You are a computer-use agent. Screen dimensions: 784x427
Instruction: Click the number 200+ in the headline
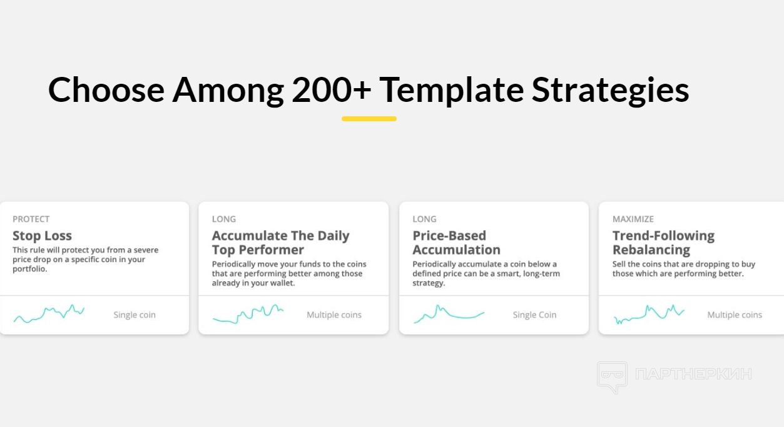tap(331, 90)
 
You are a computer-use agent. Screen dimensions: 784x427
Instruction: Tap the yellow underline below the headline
tap(369, 119)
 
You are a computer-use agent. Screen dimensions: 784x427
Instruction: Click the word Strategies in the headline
tap(610, 91)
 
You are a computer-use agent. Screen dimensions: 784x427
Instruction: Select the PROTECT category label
tap(31, 219)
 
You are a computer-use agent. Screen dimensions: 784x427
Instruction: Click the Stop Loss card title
tap(42, 236)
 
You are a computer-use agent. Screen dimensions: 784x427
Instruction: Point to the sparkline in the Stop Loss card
tap(49, 314)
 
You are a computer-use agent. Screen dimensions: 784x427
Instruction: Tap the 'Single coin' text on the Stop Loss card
tap(135, 314)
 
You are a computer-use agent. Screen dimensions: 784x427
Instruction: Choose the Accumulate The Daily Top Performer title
tap(280, 243)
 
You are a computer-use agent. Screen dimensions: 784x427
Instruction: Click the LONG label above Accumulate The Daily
tap(223, 219)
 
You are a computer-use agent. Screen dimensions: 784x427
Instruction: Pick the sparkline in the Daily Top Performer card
tap(248, 314)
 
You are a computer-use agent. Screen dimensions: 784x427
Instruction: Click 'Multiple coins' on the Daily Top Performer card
tap(334, 314)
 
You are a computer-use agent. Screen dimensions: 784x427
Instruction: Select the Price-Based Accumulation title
tap(456, 243)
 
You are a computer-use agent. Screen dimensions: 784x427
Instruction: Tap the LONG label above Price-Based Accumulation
tap(424, 219)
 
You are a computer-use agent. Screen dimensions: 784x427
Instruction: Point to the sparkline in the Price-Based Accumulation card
tap(449, 314)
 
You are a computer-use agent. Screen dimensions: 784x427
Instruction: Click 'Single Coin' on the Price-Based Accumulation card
tap(534, 314)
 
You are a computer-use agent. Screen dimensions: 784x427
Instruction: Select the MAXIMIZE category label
tap(633, 219)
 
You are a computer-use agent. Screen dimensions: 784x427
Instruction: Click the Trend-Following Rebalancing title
tap(663, 243)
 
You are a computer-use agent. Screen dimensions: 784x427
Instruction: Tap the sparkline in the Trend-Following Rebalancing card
tap(649, 314)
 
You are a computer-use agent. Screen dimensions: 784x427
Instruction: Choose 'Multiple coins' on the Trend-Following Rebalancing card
tap(735, 314)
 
